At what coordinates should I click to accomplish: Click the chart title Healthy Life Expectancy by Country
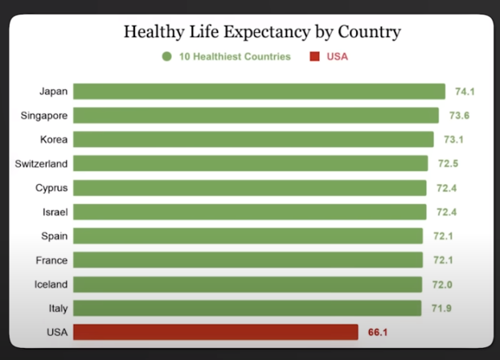262,32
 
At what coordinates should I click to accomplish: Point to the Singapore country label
44,116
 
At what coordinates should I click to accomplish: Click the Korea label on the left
54,140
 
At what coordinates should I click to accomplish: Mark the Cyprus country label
51,188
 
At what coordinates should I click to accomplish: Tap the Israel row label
54,212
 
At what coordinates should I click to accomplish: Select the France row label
51,260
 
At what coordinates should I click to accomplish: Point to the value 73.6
458,116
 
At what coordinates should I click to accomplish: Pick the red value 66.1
378,332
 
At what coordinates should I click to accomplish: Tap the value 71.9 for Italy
441,309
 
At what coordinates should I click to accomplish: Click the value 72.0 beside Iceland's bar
441,284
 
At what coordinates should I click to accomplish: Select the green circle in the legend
167,56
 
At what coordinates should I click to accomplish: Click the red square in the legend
314,56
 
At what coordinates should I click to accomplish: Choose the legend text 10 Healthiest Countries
234,56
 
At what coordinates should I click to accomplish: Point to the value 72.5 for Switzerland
448,164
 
